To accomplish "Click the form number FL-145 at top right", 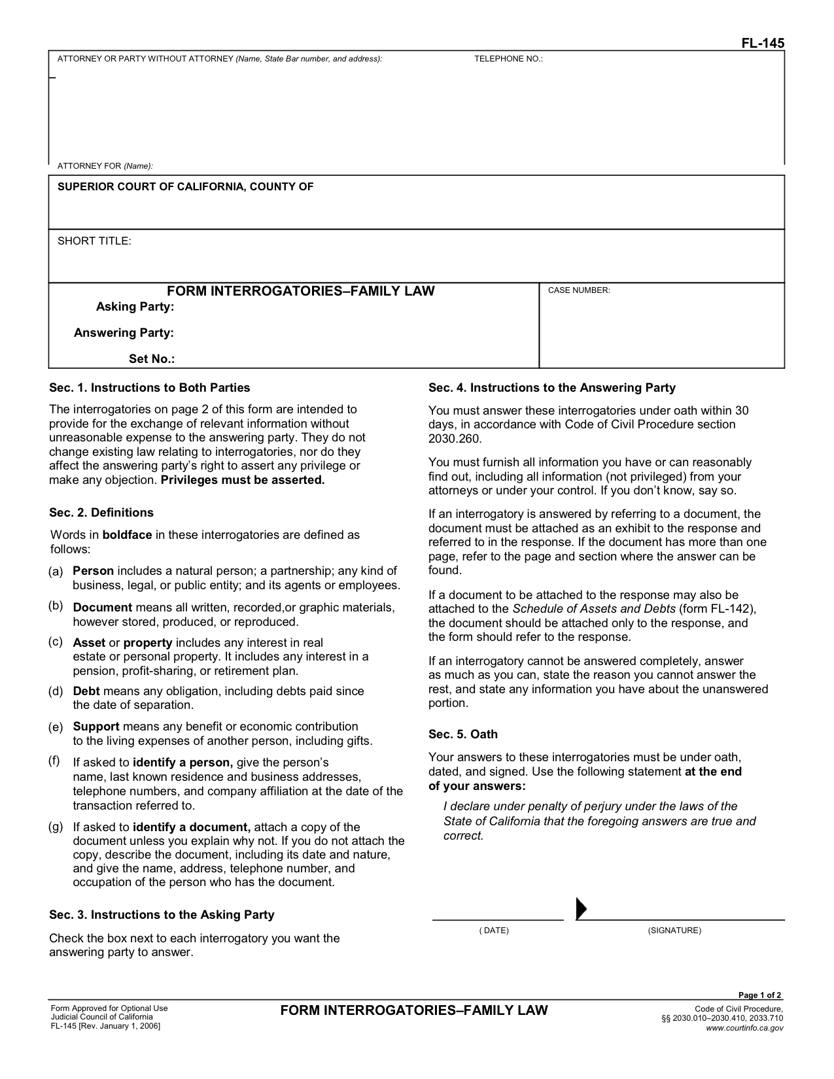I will click(x=762, y=43).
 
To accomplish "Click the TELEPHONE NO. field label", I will click(x=508, y=59).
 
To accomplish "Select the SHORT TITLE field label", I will click(x=94, y=241).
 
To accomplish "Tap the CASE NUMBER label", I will click(x=579, y=290).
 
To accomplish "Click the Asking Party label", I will click(x=135, y=307).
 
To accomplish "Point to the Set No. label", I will click(x=152, y=359).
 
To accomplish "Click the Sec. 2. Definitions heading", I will click(x=101, y=513).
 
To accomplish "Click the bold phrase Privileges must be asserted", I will click(x=243, y=480).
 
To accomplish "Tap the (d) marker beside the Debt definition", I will click(x=56, y=691).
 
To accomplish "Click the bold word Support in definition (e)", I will click(x=96, y=727).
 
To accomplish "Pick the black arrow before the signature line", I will click(x=581, y=908).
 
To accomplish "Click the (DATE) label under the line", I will click(x=494, y=931).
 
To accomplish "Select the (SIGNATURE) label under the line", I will click(x=674, y=931).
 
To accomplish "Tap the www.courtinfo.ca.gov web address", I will click(x=744, y=1028).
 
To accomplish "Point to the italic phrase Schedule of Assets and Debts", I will click(x=594, y=609).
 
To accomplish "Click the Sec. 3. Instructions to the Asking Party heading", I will click(x=162, y=915).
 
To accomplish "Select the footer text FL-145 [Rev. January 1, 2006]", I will click(x=105, y=1025).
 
